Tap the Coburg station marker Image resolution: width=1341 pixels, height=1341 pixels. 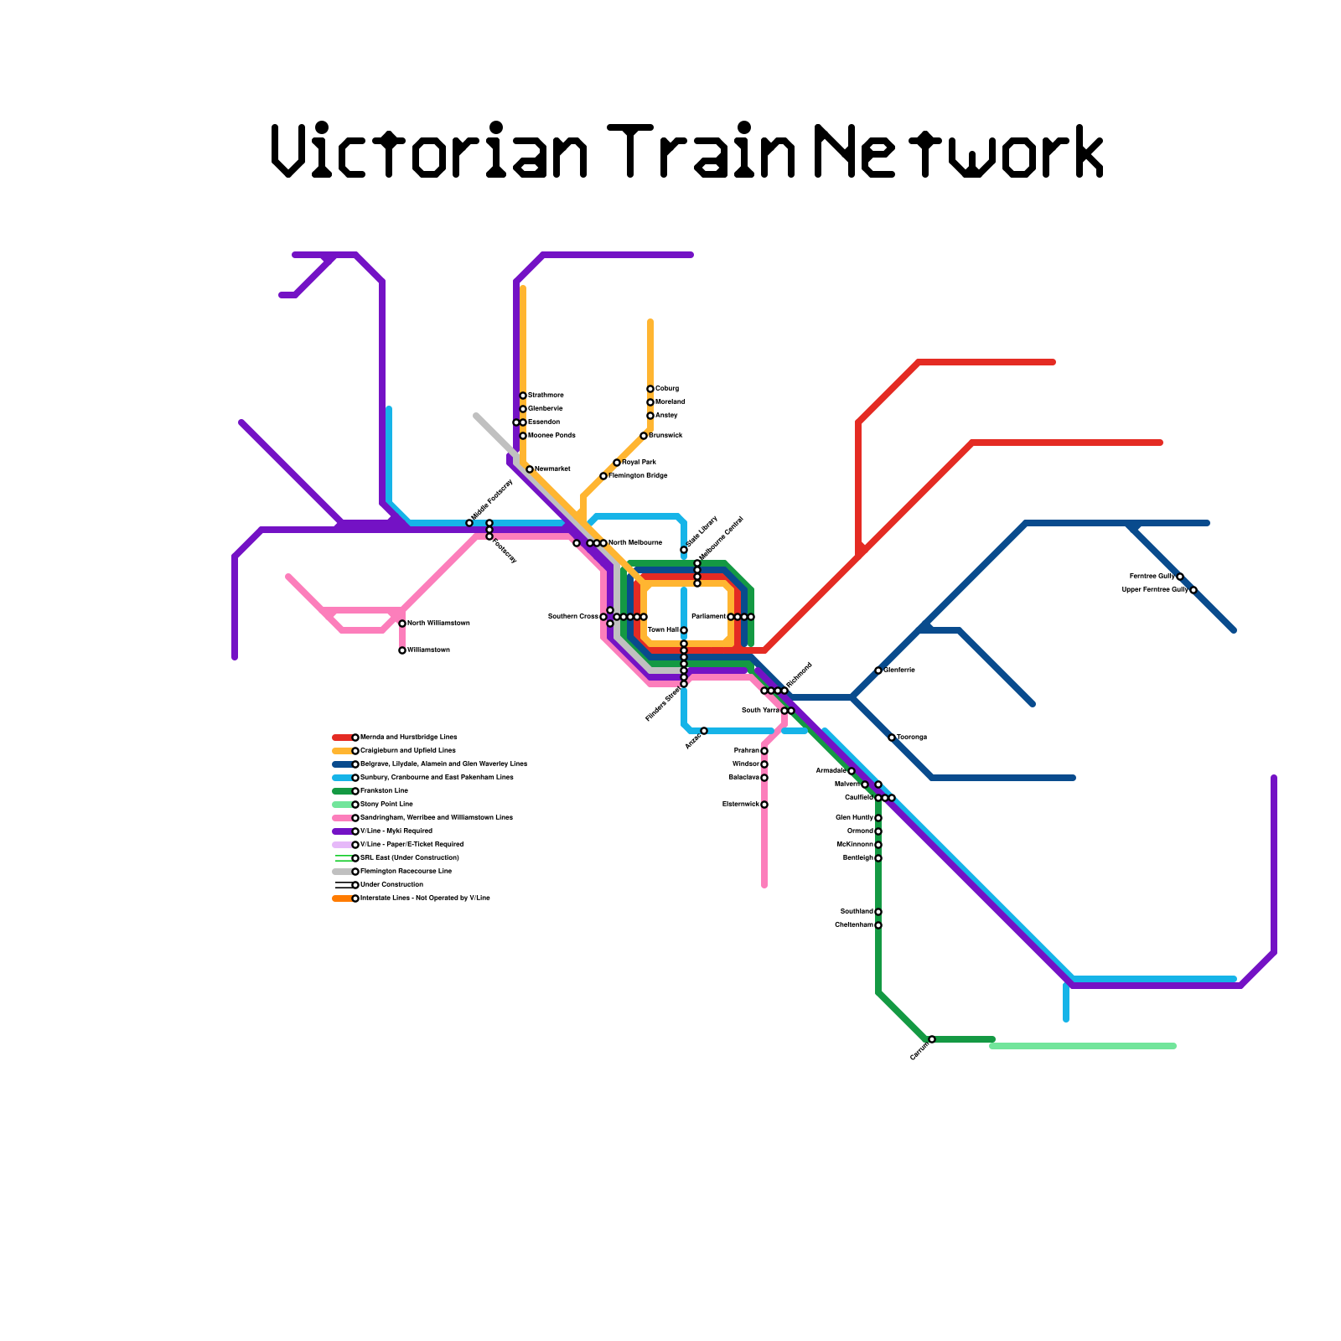pos(650,389)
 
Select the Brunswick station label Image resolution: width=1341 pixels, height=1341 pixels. pos(665,436)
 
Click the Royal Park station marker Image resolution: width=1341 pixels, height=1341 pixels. pos(617,463)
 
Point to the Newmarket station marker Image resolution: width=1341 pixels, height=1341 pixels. pos(530,469)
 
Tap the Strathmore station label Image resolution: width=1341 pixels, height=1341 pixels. pos(546,396)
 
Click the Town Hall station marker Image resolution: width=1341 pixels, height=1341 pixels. pos(684,630)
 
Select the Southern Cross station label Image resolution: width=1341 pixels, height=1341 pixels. pos(573,617)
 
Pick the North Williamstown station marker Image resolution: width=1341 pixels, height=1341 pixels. pos(402,624)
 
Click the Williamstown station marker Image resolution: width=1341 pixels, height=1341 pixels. pos(402,650)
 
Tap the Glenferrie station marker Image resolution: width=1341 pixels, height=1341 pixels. pos(878,670)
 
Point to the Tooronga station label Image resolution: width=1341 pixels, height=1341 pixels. pos(912,738)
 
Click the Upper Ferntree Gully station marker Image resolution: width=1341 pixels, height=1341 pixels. pos(1193,590)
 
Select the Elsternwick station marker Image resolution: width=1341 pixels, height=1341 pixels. pos(764,805)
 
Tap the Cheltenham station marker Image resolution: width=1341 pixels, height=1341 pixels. pos(878,925)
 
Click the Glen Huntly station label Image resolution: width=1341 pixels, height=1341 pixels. pos(854,818)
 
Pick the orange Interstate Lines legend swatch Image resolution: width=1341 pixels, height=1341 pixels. pos(342,898)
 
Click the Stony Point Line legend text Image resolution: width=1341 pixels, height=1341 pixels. pos(386,805)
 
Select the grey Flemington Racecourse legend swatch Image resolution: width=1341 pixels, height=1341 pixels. pos(342,872)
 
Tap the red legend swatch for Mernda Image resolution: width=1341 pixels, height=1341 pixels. pos(342,738)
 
